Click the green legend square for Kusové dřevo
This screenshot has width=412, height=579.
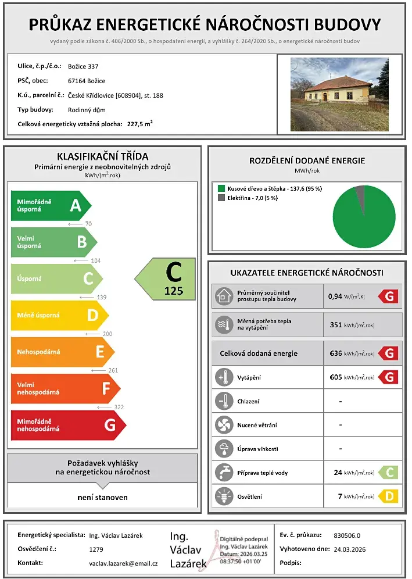(221, 188)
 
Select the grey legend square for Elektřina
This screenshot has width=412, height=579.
(221, 198)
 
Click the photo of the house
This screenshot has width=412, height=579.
(339, 94)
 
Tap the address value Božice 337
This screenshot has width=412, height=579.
(87, 66)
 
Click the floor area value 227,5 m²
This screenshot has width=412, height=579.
(139, 124)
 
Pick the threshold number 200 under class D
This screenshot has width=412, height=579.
(107, 334)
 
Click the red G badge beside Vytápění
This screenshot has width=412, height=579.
(388, 377)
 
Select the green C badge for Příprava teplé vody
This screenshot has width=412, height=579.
(388, 472)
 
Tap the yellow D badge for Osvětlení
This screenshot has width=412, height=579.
(388, 496)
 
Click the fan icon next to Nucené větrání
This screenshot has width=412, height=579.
(223, 425)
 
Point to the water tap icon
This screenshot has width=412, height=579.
(223, 472)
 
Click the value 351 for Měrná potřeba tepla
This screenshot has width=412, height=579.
(336, 325)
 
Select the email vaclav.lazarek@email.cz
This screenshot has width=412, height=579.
(123, 563)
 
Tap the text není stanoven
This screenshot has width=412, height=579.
(103, 497)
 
